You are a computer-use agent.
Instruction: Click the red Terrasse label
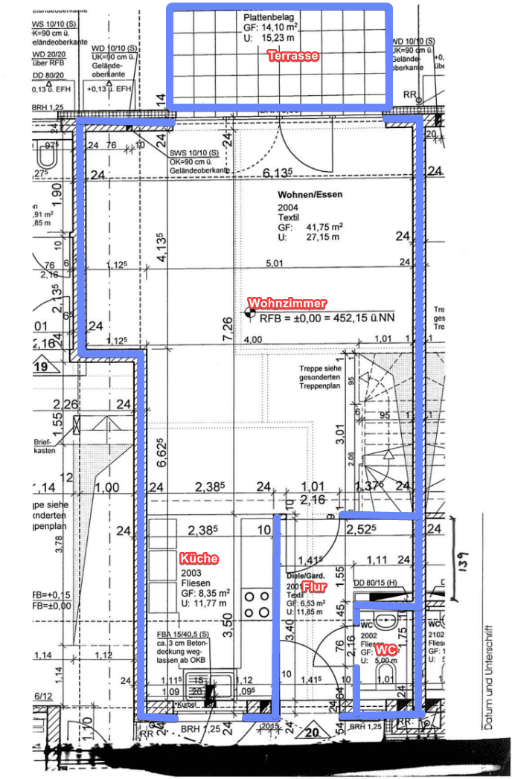(x=294, y=56)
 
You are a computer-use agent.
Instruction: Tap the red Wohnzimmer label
(x=287, y=304)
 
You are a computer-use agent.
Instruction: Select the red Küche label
(x=199, y=558)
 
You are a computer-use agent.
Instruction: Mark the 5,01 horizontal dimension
(x=275, y=263)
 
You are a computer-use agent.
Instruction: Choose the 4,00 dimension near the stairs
(x=253, y=339)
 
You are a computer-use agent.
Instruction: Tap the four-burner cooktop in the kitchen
(x=257, y=603)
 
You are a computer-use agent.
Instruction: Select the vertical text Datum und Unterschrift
(x=488, y=669)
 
